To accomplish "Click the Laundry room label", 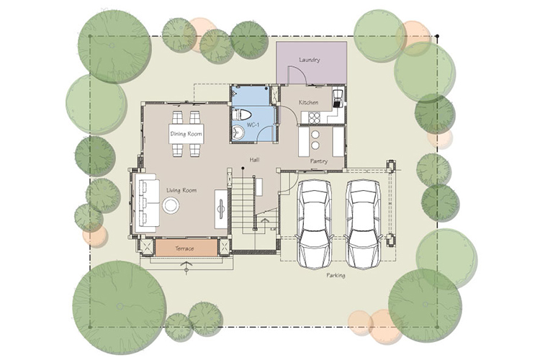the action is (x=310, y=60).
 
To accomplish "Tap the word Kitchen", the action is (x=308, y=102).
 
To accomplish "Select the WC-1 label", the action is (x=253, y=125).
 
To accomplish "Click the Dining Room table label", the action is (x=186, y=134).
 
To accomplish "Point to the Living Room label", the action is (x=181, y=190).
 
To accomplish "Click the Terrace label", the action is (x=184, y=248).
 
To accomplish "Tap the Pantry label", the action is (x=318, y=161).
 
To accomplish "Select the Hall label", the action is (x=254, y=160).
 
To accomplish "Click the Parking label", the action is (x=336, y=275).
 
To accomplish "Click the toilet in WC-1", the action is (x=242, y=114).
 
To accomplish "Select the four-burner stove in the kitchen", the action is (x=315, y=118).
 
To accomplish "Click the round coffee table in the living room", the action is (x=171, y=205).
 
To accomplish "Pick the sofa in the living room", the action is (x=147, y=202).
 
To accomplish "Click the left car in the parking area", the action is (x=314, y=224).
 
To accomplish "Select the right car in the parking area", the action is (x=364, y=224).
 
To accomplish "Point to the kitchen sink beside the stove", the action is (x=338, y=97).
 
